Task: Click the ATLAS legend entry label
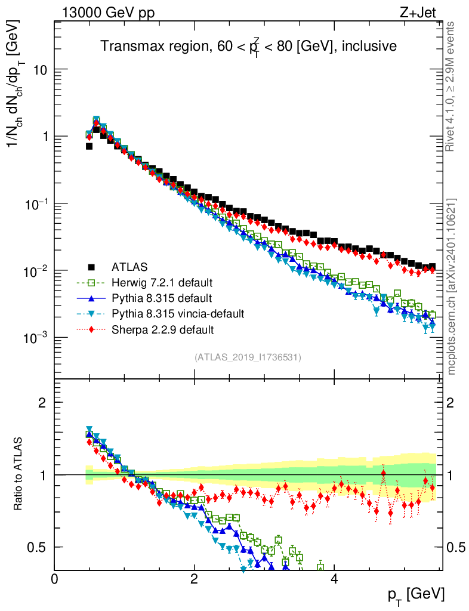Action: coord(129,266)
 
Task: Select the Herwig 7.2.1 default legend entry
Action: coord(162,282)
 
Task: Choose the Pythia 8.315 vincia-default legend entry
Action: coord(178,313)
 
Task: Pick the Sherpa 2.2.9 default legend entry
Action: coord(162,329)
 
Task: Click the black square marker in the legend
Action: coord(91,266)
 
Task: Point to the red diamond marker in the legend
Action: coord(91,329)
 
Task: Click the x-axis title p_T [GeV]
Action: coord(416,594)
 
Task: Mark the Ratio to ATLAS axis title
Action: coord(18,474)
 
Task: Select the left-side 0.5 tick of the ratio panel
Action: coord(36,547)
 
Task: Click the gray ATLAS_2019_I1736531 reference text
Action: coord(248,357)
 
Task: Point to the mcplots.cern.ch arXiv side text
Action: coord(453,286)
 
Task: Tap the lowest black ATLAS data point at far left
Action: coord(89,146)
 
